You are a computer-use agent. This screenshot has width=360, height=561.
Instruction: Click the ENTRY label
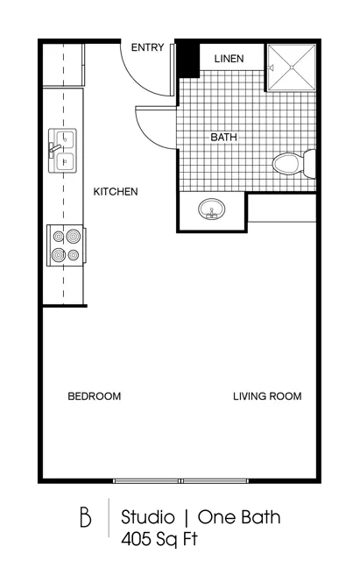point(147,47)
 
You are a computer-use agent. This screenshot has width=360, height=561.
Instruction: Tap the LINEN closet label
point(229,59)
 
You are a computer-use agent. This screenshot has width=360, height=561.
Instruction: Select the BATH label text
point(223,137)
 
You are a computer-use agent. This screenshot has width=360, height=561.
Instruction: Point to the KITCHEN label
point(116,191)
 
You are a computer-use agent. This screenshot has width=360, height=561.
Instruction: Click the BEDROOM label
point(95,396)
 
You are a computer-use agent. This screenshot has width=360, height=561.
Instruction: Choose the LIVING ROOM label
point(267,396)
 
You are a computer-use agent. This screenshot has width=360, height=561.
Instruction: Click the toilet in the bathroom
point(293,164)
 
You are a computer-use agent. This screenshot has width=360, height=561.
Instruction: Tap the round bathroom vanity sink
point(212,209)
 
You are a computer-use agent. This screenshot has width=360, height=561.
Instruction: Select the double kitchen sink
point(62,151)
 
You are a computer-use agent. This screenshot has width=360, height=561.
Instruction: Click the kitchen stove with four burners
point(67,245)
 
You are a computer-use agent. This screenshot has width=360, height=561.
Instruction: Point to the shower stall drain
point(292,67)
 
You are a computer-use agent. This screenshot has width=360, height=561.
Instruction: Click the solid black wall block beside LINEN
point(187,59)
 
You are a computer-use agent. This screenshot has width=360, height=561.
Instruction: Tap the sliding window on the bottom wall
point(180,481)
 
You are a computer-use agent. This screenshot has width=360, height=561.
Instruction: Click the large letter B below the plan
point(86,516)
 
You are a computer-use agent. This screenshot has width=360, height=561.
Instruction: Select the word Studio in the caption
point(148,517)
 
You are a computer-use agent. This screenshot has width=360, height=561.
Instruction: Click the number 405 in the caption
point(135,539)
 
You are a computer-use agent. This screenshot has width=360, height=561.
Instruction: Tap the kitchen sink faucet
point(54,148)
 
